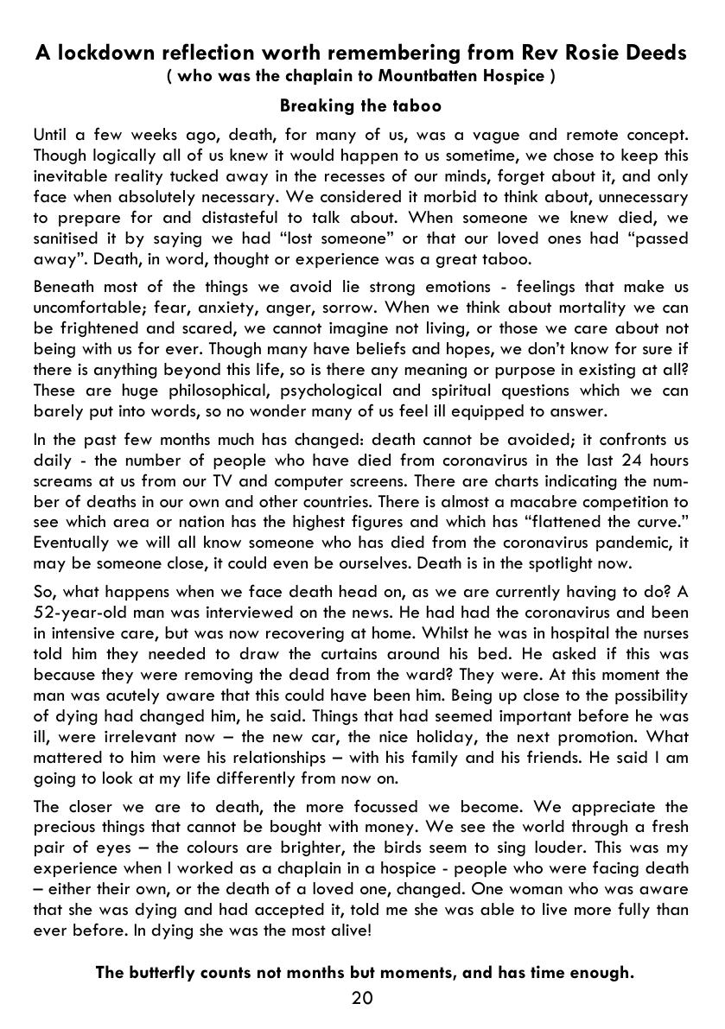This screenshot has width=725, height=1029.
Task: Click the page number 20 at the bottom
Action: [x=362, y=999]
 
